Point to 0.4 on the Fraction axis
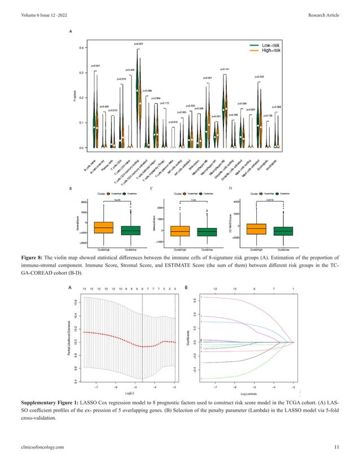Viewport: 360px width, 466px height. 81,48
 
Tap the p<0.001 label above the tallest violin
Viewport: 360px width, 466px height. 139,43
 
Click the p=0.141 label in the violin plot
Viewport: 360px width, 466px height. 224,69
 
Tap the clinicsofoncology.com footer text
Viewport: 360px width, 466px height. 44,447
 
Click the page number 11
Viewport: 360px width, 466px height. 336,447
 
